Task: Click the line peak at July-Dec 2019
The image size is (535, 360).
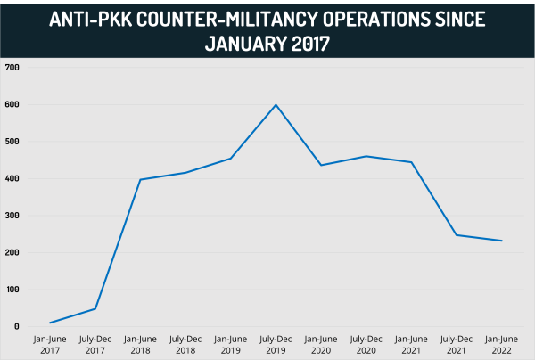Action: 276,105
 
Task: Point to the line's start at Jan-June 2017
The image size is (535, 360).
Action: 50,323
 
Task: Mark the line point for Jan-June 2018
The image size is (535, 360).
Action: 140,180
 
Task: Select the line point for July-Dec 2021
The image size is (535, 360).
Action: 457,235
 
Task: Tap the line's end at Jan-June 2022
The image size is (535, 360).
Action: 502,241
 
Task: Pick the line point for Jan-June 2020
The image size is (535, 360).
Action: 321,165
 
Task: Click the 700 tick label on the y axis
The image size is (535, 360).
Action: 12,68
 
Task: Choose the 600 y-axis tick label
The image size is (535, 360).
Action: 12,104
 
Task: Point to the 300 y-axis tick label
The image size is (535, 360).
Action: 12,216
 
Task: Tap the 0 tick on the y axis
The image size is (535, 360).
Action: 17,326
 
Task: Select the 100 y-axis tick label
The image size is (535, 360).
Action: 12,290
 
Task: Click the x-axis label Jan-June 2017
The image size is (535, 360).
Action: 50,344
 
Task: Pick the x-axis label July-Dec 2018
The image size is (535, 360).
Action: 185,344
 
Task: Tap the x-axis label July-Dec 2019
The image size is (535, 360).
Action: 276,344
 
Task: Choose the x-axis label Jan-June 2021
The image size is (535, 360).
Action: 411,344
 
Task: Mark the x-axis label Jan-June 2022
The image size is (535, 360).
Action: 502,344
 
